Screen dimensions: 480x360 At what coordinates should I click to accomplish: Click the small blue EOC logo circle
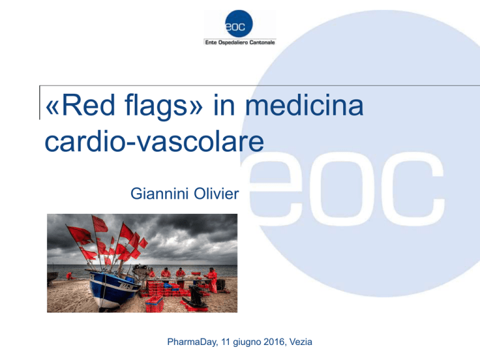[239, 24]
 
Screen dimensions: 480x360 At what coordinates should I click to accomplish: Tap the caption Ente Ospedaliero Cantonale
[240, 42]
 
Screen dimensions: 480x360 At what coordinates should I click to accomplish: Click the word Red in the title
[89, 105]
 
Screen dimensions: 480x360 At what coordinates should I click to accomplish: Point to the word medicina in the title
[304, 105]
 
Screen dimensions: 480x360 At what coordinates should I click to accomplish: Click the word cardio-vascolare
[154, 142]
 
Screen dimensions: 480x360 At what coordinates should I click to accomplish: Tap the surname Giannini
[157, 194]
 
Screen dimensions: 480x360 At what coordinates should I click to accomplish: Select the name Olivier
[217, 194]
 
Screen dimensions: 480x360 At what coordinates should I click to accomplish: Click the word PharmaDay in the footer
[192, 342]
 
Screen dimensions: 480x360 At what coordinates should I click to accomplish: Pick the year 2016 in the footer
[274, 342]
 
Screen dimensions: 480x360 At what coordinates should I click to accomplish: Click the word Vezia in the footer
[301, 342]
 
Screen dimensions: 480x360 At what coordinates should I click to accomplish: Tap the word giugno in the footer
[247, 342]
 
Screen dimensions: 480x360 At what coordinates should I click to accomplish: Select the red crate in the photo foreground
[154, 304]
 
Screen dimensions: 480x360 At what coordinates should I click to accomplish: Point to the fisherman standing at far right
[212, 279]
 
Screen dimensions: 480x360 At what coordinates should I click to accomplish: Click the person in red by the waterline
[70, 276]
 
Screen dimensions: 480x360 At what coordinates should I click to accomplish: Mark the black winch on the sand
[196, 296]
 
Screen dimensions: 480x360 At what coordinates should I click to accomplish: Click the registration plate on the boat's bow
[126, 286]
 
